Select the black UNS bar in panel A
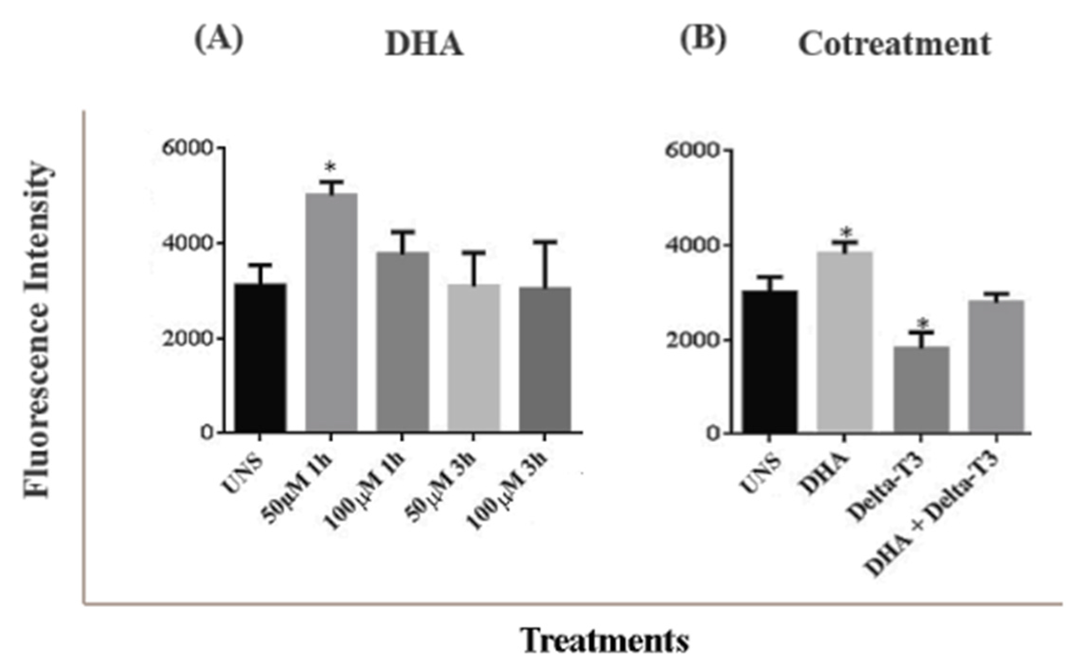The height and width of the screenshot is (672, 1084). coord(260,357)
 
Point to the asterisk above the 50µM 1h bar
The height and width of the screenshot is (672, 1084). coord(330,168)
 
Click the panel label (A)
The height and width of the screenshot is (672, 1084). coord(219,40)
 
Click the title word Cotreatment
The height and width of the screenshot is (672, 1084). coord(894,45)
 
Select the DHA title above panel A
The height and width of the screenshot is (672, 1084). coord(424,45)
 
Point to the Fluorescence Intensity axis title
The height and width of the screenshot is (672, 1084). coord(37,329)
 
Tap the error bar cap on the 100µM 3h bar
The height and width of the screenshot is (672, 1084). coord(545,242)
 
